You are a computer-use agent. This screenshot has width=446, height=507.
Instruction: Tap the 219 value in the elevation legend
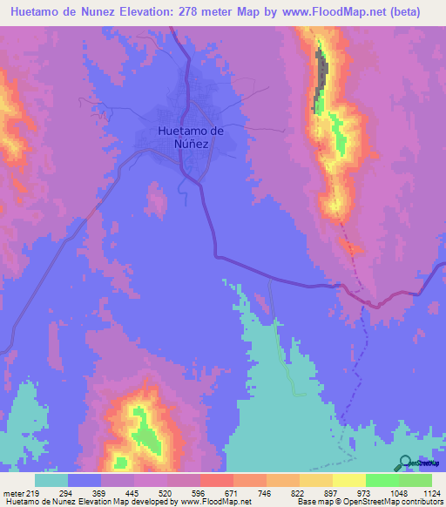[34, 492]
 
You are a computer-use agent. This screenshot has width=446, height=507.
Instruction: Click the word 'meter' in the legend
[12, 492]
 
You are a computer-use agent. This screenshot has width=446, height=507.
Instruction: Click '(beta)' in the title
[407, 12]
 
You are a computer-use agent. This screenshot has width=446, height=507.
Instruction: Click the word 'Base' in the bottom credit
[306, 502]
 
